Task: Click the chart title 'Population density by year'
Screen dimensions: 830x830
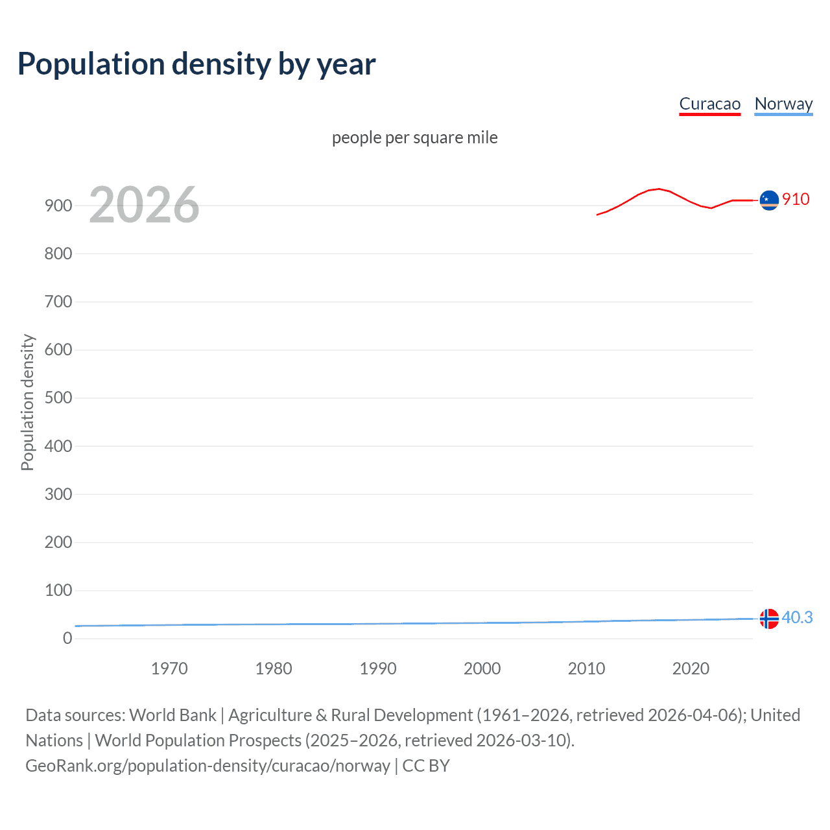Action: click(x=196, y=64)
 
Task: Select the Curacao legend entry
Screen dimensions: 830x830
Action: click(x=709, y=104)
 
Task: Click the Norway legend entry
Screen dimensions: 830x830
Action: click(x=783, y=104)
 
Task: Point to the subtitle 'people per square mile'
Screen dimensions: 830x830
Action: click(x=414, y=137)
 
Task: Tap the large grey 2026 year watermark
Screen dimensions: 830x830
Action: click(x=144, y=205)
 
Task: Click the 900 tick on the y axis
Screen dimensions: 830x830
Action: click(x=58, y=206)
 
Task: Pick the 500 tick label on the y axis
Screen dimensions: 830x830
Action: click(x=58, y=397)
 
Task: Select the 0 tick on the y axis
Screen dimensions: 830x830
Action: click(x=67, y=638)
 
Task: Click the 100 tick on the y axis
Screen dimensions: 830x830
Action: click(x=58, y=590)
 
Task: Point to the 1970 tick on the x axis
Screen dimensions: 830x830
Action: click(x=169, y=669)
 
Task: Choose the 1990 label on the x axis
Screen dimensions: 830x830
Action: click(x=378, y=669)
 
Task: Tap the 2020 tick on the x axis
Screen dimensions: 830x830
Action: click(x=691, y=669)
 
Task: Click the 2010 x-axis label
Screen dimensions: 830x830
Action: click(x=586, y=669)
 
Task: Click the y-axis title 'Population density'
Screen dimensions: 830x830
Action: click(x=27, y=402)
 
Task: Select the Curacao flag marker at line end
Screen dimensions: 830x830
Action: click(x=769, y=200)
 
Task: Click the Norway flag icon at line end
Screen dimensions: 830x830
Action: click(x=769, y=619)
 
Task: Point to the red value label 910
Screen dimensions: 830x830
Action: click(x=796, y=199)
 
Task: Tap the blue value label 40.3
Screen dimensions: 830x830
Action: click(x=797, y=617)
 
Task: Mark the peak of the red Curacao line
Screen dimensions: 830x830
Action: click(x=659, y=189)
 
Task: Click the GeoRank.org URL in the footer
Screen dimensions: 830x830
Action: click(x=207, y=766)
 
